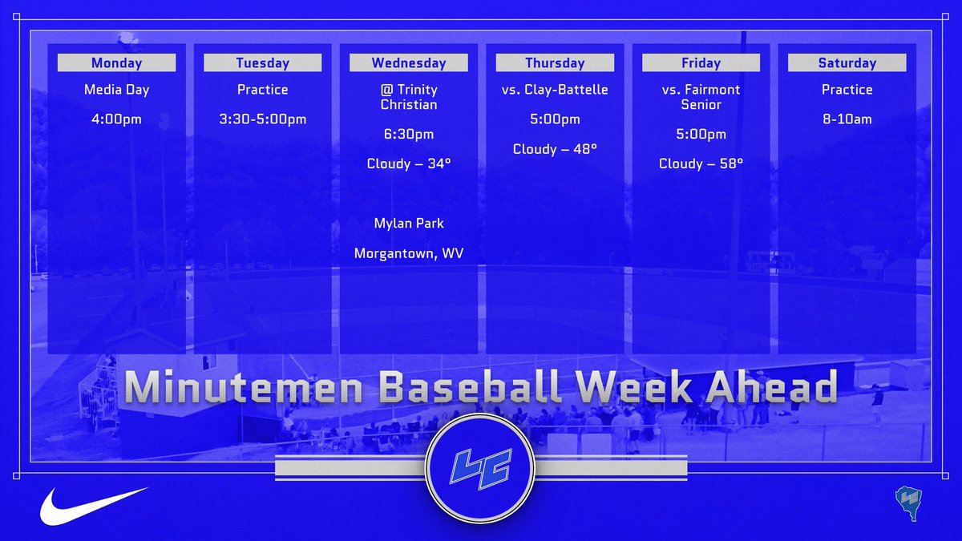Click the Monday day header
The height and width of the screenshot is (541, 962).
(x=116, y=63)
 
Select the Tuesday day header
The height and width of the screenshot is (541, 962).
(x=262, y=63)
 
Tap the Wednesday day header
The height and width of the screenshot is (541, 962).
(x=408, y=63)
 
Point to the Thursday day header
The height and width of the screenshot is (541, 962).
(x=555, y=63)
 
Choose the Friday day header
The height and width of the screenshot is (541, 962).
(x=701, y=63)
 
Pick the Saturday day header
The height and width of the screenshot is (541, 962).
(x=847, y=63)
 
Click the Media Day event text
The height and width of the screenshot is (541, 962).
(x=116, y=90)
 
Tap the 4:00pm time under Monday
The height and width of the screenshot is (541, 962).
(x=116, y=119)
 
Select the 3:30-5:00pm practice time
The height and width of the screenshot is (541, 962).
(x=262, y=119)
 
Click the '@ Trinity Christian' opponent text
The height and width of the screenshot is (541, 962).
(x=408, y=97)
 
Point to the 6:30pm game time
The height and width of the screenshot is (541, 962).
(x=408, y=134)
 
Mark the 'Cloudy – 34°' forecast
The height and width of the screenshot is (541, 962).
(x=408, y=164)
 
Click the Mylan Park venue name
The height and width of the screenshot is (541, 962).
(x=408, y=223)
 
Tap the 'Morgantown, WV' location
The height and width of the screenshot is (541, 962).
(x=408, y=253)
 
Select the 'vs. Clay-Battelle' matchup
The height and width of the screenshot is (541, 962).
(x=555, y=90)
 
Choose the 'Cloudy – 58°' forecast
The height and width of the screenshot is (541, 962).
(x=701, y=164)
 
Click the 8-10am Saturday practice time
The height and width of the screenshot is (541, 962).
(x=847, y=119)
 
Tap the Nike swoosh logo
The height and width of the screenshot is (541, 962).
(x=93, y=506)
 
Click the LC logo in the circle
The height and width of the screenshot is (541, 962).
(x=479, y=469)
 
